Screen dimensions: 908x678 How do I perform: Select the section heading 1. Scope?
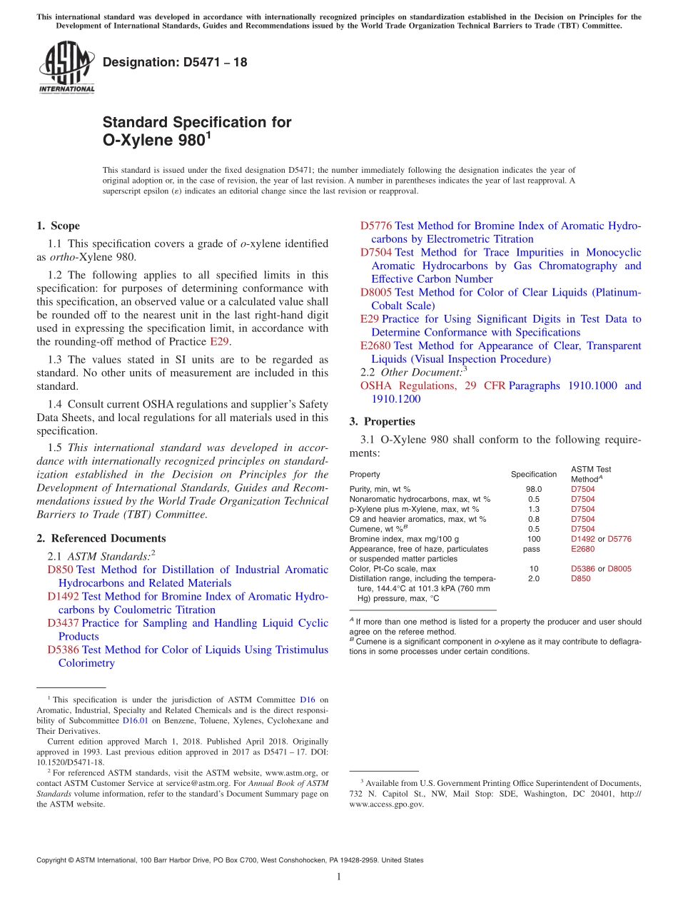(x=58, y=226)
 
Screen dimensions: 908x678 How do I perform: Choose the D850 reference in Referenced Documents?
(x=60, y=570)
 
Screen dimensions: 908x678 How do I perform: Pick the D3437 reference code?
(x=63, y=623)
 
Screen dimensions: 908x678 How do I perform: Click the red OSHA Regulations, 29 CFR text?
(x=432, y=386)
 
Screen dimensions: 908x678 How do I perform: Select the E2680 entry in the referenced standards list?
(x=375, y=346)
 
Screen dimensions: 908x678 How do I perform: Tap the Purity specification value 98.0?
(x=534, y=489)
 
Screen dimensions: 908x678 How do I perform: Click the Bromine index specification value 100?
(x=534, y=539)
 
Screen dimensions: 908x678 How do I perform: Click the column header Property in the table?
(x=365, y=474)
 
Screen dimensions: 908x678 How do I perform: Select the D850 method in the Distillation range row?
(x=580, y=579)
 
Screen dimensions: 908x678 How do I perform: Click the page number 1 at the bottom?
(x=339, y=877)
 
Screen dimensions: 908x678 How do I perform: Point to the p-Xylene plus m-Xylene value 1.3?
(x=534, y=509)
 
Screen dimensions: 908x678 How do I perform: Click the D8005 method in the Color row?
(x=619, y=569)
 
